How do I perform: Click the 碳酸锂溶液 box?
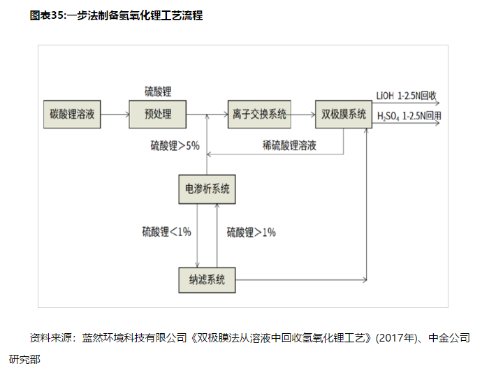(71, 115)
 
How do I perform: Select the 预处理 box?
(158, 115)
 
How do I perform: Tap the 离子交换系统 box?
(259, 115)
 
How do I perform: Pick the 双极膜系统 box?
(342, 115)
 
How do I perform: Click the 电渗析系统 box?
(207, 189)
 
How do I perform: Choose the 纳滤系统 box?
(207, 280)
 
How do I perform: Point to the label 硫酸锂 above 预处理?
(158, 92)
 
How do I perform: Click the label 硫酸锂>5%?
(175, 146)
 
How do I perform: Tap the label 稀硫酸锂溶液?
(289, 145)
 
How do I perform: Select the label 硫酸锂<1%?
(166, 232)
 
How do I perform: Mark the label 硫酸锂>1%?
(251, 232)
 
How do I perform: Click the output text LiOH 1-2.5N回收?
(406, 96)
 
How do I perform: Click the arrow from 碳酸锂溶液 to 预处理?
(115, 115)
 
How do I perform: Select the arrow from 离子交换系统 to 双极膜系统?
(302, 115)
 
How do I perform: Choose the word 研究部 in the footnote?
(25, 360)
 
